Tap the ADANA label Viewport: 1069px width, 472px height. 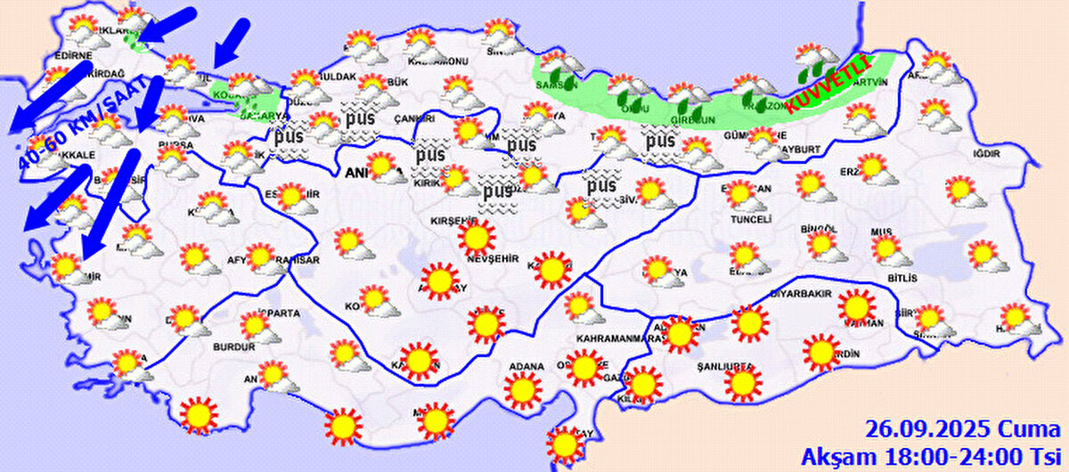[526, 366]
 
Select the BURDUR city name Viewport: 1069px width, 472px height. [228, 346]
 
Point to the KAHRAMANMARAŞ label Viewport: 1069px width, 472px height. [621, 339]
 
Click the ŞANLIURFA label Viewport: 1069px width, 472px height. [727, 366]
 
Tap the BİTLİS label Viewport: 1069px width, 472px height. [902, 279]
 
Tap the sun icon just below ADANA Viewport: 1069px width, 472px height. [523, 389]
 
